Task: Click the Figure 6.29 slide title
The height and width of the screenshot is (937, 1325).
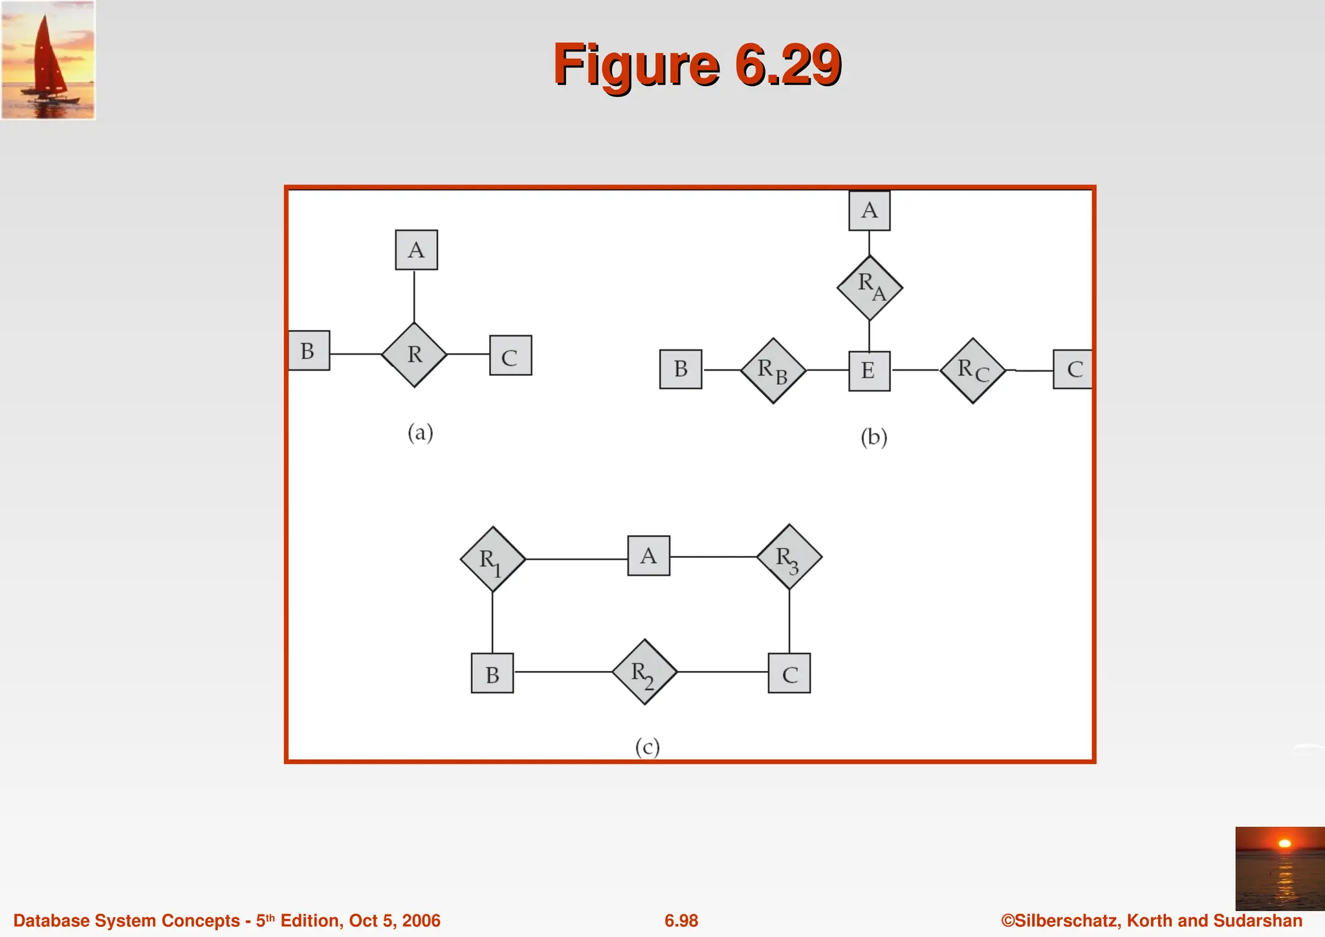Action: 697,65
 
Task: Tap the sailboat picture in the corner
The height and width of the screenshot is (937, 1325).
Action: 48,60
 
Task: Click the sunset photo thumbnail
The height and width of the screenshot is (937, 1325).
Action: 1279,868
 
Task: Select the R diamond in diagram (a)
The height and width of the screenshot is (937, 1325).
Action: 414,355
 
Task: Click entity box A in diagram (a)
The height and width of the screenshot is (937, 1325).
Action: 416,250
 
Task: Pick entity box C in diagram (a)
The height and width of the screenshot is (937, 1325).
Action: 510,355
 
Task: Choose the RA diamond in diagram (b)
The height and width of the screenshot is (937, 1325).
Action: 869,288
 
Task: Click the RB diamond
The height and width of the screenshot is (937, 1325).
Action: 773,371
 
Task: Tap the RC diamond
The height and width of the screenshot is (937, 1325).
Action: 972,371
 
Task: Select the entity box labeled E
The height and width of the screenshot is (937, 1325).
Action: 869,371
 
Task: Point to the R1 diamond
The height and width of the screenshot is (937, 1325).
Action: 492,559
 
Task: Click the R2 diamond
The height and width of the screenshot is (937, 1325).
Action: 644,672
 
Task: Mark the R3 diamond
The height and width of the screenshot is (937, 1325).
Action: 789,557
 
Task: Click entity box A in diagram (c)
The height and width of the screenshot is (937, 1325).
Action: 648,556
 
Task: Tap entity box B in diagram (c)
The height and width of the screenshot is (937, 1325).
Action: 492,674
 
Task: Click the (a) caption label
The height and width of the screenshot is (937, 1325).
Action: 420,432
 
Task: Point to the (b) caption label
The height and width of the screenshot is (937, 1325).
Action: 873,437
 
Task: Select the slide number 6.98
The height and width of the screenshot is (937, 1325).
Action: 681,921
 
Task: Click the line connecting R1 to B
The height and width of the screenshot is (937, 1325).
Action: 492,623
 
